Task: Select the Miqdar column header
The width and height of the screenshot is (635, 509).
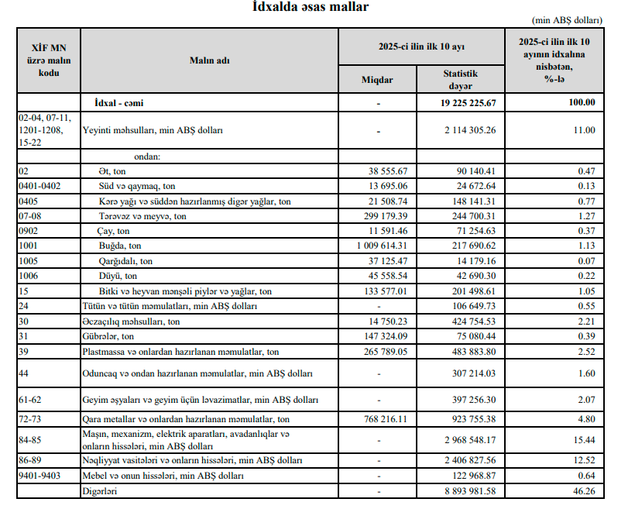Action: [x=377, y=81]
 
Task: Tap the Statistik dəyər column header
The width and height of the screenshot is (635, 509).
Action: [x=460, y=80]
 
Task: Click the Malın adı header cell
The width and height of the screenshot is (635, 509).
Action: [x=210, y=60]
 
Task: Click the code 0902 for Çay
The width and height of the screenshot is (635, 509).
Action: [x=30, y=231]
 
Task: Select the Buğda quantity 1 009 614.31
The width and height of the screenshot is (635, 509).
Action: [x=379, y=246]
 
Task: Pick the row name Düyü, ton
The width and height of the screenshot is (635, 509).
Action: [x=118, y=276]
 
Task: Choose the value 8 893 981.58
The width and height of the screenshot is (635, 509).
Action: [x=466, y=491]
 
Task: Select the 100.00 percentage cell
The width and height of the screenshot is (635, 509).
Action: [x=579, y=102]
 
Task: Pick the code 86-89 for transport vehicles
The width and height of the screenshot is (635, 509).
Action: [x=32, y=460]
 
